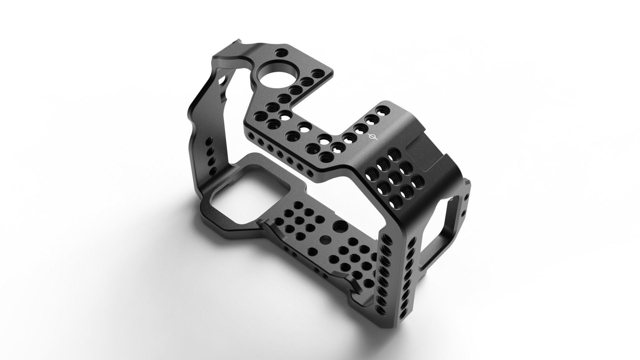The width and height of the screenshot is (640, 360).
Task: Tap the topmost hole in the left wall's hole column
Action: point(209,140)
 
